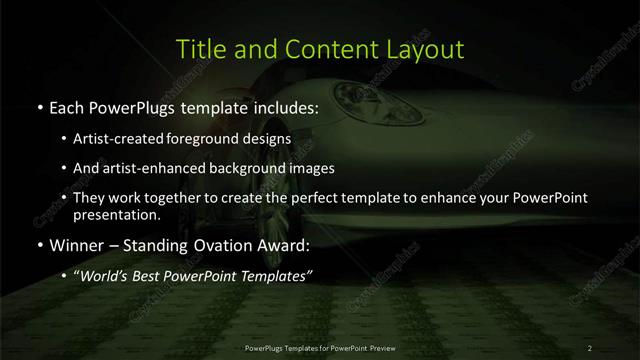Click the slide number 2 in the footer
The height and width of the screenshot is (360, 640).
(x=590, y=347)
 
